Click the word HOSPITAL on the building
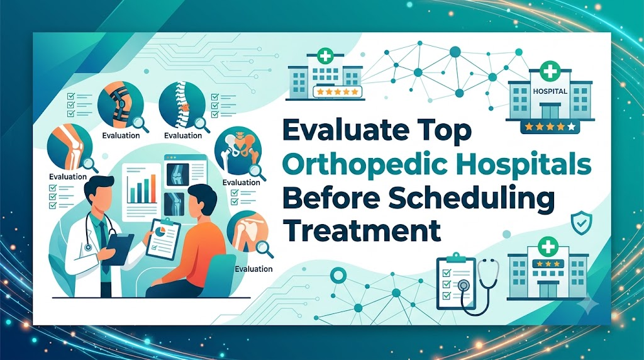(550, 91)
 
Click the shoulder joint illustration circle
(247, 232)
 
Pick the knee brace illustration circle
(120, 104)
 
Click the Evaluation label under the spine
(183, 135)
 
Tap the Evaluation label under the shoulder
(253, 269)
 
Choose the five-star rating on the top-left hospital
(338, 92)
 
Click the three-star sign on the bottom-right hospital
(548, 264)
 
